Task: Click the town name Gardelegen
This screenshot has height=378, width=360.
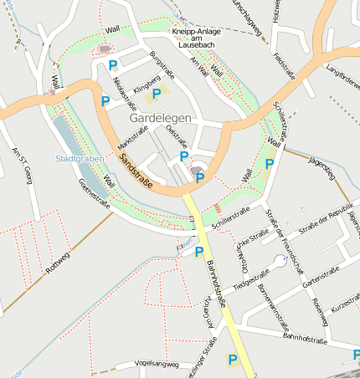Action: (x=160, y=118)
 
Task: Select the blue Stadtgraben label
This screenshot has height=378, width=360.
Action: (x=77, y=158)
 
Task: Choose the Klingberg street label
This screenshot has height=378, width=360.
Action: (x=147, y=85)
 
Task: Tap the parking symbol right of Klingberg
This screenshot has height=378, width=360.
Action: (x=157, y=94)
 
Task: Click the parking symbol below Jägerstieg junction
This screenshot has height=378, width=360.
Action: (x=269, y=164)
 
